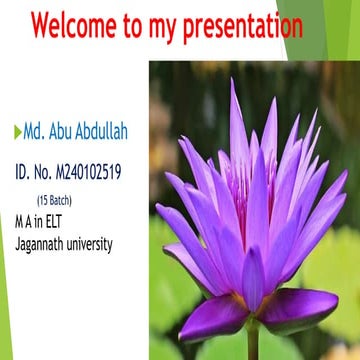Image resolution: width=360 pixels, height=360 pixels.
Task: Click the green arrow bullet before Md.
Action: [18, 132]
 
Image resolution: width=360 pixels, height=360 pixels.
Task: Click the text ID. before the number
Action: [25, 173]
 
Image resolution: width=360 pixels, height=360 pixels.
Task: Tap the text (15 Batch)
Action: [54, 200]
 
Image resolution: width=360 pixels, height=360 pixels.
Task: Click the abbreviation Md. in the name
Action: [35, 132]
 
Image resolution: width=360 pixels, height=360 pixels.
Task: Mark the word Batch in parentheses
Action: [61, 200]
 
